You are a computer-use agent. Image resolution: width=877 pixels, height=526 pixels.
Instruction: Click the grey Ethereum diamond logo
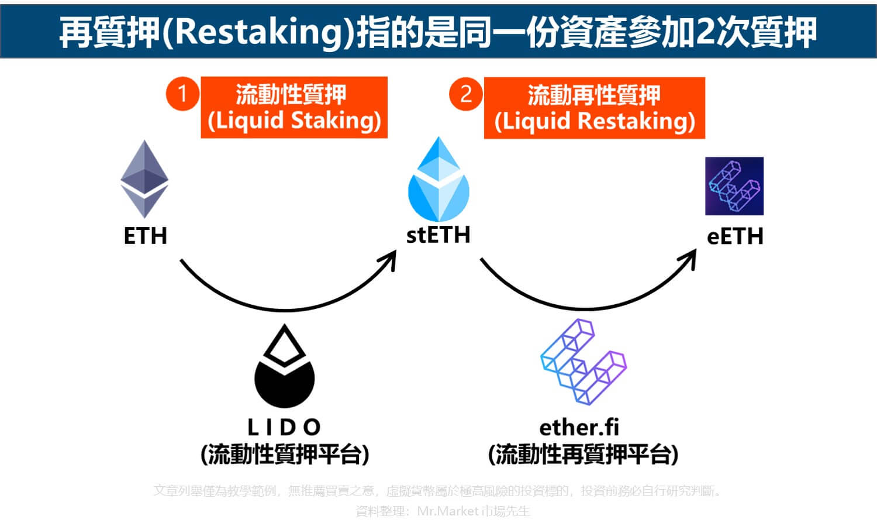pyautogui.click(x=144, y=178)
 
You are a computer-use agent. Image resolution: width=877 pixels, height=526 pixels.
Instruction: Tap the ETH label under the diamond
pyautogui.click(x=146, y=236)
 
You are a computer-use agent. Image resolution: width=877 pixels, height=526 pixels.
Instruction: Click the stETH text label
pyautogui.click(x=438, y=235)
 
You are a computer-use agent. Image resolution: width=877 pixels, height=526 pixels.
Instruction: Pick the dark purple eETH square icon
pyautogui.click(x=734, y=186)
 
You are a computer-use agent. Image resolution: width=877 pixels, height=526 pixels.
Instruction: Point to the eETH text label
pyautogui.click(x=735, y=236)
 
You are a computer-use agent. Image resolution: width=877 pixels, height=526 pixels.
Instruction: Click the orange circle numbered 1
pyautogui.click(x=182, y=94)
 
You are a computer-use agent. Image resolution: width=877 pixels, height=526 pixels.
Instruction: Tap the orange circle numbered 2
pyautogui.click(x=465, y=94)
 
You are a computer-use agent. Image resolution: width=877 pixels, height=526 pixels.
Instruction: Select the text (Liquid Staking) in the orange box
pyautogui.click(x=294, y=121)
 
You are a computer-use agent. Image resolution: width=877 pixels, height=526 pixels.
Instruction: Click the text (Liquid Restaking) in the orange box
pyautogui.click(x=595, y=121)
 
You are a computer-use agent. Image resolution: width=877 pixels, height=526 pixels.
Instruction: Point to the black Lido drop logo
pyautogui.click(x=285, y=366)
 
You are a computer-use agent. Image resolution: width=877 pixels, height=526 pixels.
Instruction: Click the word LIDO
pyautogui.click(x=284, y=427)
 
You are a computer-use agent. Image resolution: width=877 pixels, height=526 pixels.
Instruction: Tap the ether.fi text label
pyautogui.click(x=579, y=427)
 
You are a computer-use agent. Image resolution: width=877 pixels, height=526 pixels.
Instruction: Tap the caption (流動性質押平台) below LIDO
pyautogui.click(x=285, y=454)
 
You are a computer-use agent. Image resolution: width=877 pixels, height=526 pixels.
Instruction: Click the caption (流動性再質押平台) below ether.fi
pyautogui.click(x=583, y=454)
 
